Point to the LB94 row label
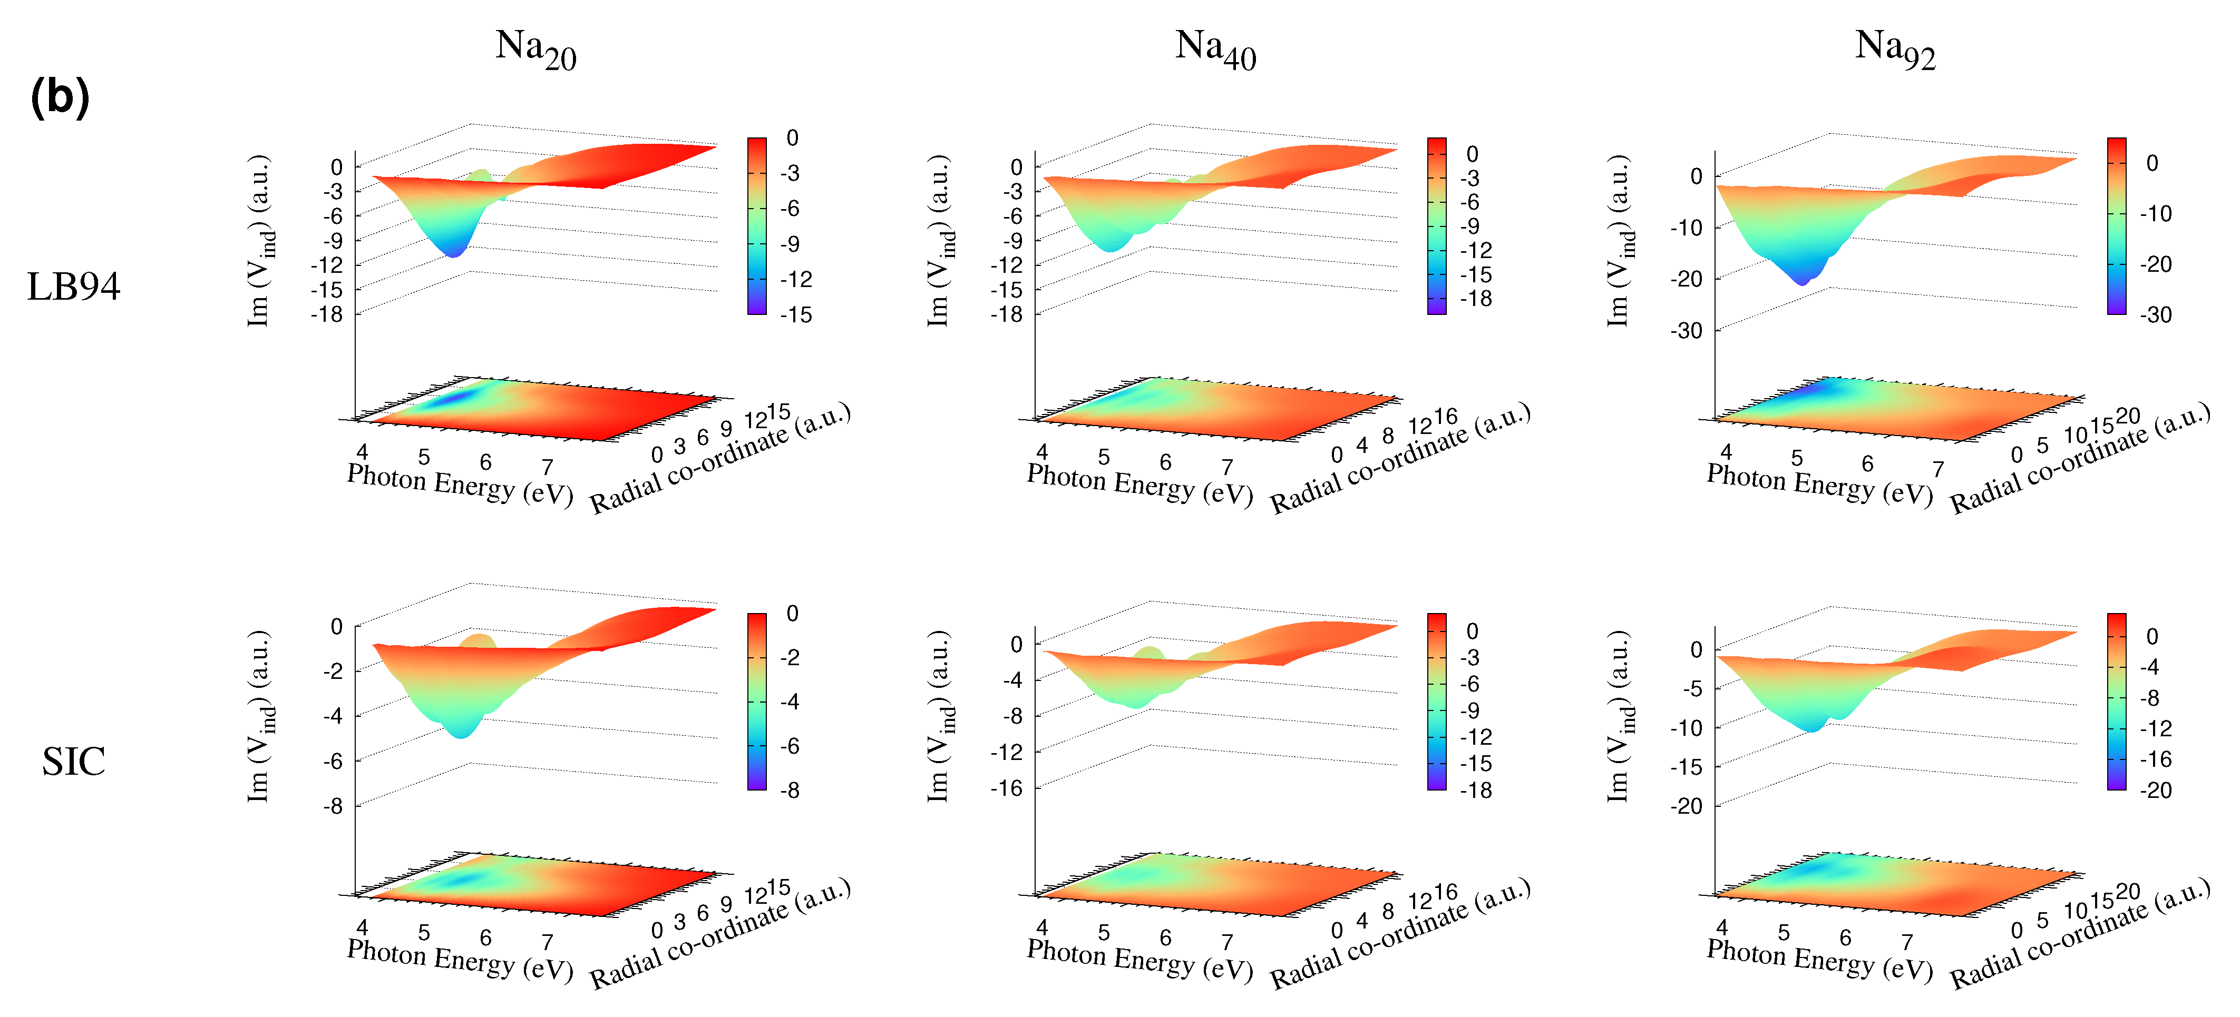point(73,287)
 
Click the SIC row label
point(73,762)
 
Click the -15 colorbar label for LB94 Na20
point(795,314)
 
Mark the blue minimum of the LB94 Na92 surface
point(1801,280)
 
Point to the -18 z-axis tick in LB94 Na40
point(1007,314)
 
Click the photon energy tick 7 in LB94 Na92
point(1937,469)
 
